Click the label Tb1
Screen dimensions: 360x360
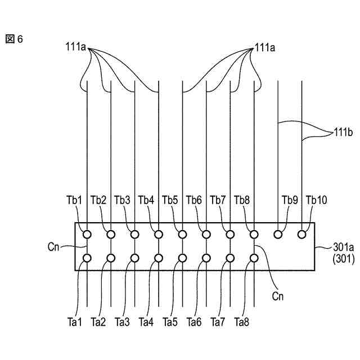[x=74, y=200]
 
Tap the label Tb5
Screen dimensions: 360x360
[x=170, y=200]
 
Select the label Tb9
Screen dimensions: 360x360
[x=289, y=200]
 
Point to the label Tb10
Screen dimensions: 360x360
[x=316, y=200]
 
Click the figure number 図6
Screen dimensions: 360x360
[x=15, y=39]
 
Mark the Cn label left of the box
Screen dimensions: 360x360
[x=55, y=246]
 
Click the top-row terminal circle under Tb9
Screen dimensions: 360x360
[x=277, y=234]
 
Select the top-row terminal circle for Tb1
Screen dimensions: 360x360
[x=87, y=234]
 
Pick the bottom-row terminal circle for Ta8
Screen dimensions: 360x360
[x=254, y=258]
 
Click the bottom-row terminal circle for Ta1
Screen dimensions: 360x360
[x=87, y=258]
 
